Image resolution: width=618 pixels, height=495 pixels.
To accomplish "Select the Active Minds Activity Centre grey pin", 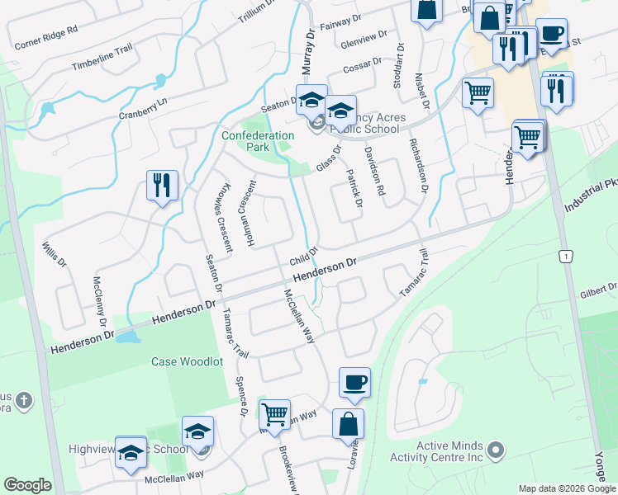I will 496,450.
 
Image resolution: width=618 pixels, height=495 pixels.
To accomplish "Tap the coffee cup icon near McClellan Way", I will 354,381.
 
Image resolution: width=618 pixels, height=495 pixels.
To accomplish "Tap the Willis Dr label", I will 53,255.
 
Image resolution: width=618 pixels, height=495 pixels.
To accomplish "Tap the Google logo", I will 28,485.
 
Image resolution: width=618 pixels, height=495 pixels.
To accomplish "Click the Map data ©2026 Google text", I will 567,488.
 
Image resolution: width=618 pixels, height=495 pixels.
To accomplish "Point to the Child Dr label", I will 303,257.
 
